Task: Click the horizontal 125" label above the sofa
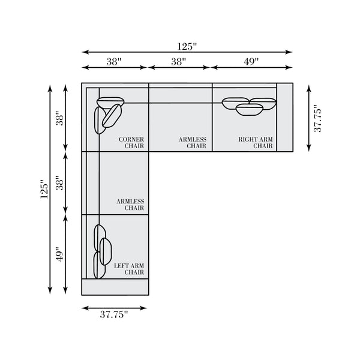click(187, 47)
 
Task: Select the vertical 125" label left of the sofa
click(44, 189)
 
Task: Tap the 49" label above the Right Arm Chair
click(251, 62)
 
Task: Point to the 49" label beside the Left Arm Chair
click(60, 254)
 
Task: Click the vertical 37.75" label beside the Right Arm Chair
click(318, 118)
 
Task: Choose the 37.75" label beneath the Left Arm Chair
click(113, 314)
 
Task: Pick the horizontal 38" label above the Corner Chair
click(114, 62)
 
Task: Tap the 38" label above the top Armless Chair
click(179, 62)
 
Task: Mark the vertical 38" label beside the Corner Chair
click(60, 118)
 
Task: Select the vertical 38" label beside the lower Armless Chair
click(60, 183)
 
